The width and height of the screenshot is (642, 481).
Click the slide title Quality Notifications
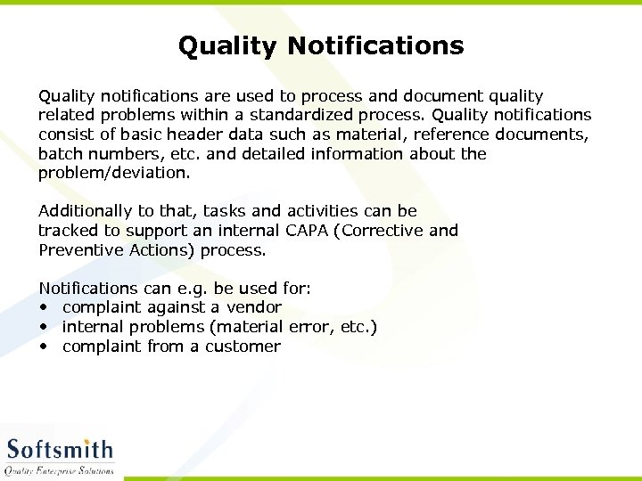(x=321, y=45)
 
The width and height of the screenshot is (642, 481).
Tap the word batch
(x=62, y=154)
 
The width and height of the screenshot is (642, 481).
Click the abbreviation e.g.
(x=193, y=289)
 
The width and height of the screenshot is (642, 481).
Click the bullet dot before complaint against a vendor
(x=43, y=308)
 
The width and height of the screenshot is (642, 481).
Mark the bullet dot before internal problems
(x=43, y=328)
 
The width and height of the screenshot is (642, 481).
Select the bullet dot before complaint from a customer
(x=43, y=347)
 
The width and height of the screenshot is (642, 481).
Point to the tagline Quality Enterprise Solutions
(x=59, y=470)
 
